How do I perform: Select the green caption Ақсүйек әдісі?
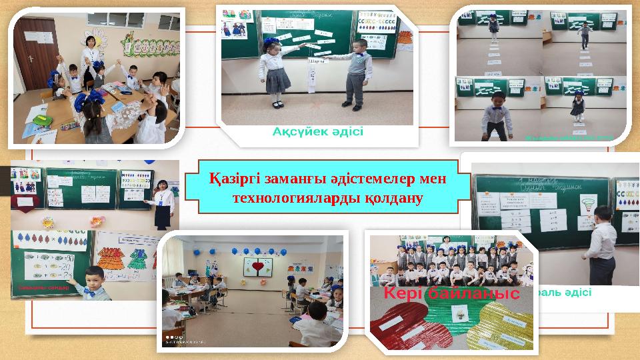[x=317, y=131]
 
